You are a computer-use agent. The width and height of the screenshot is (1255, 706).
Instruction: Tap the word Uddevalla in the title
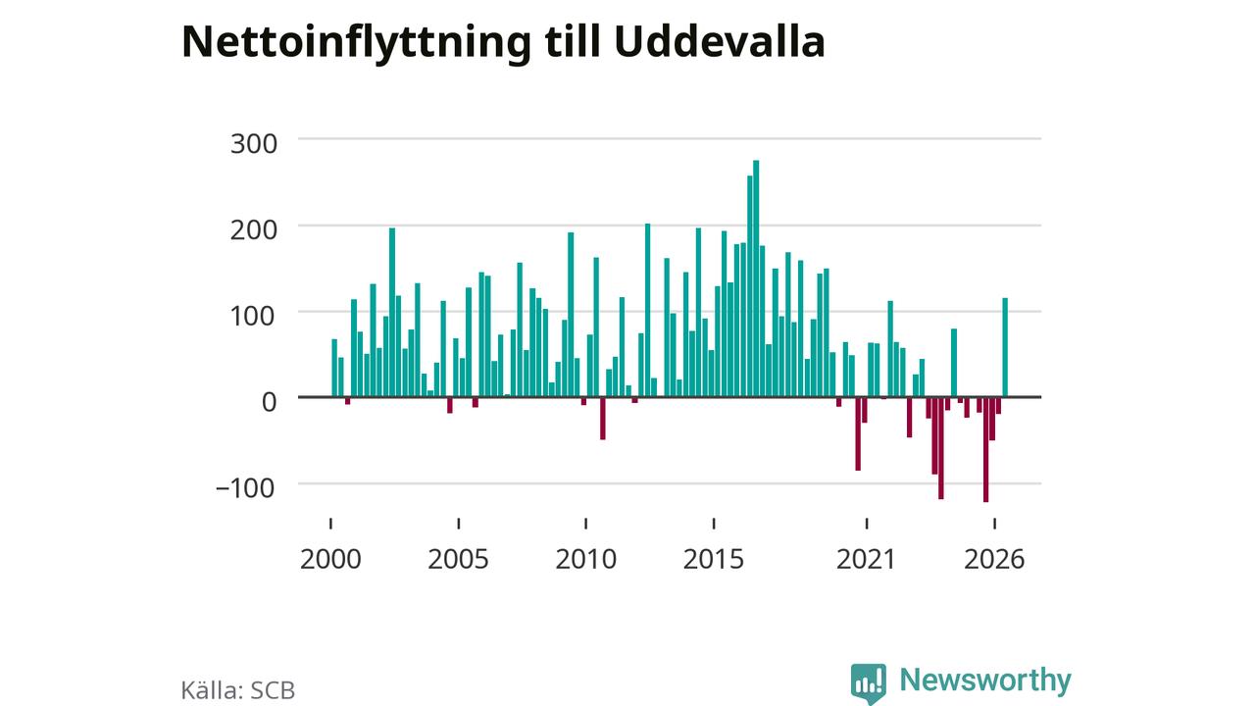click(x=720, y=41)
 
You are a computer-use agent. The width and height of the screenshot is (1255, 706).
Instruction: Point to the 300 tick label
click(x=254, y=144)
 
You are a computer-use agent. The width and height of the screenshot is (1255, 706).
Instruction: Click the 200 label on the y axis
click(x=254, y=230)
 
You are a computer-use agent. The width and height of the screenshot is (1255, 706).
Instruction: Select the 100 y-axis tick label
click(x=254, y=317)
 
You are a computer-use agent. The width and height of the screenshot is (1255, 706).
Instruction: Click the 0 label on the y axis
click(x=269, y=403)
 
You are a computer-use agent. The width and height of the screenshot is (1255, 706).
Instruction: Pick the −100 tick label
click(x=245, y=488)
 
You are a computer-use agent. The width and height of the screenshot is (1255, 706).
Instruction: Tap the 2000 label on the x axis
click(x=330, y=560)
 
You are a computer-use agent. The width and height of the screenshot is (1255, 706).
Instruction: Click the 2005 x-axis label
click(x=458, y=560)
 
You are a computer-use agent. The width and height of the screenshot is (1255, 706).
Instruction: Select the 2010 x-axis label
click(x=586, y=560)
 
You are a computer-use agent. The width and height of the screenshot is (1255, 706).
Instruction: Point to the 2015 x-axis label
click(x=714, y=560)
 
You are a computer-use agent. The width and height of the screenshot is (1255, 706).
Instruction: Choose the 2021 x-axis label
click(x=867, y=560)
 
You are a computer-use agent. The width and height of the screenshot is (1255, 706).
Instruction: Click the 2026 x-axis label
click(x=994, y=560)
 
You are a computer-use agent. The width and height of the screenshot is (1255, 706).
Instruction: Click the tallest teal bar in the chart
click(x=756, y=278)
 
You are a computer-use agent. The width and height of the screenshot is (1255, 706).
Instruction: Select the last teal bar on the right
click(x=1005, y=347)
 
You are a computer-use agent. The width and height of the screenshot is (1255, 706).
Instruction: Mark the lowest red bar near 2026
click(x=986, y=449)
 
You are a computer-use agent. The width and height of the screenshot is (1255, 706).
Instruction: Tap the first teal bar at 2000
click(x=334, y=368)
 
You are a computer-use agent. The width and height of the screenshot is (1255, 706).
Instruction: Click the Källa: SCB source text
click(x=238, y=690)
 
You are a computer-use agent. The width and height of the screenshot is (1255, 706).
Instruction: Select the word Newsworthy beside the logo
click(x=985, y=681)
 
